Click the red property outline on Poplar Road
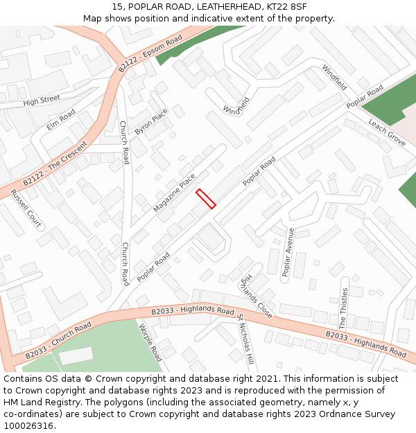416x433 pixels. coord(206,198)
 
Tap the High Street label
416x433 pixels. coord(42,101)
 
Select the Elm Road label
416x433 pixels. coord(61,119)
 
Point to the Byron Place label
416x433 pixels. coord(151,121)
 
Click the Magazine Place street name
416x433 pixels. coord(174,193)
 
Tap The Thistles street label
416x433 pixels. coord(343,308)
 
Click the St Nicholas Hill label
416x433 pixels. coord(245,339)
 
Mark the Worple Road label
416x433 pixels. coord(150,342)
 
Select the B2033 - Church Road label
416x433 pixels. coord(58,340)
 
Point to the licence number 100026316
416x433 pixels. coord(30,426)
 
